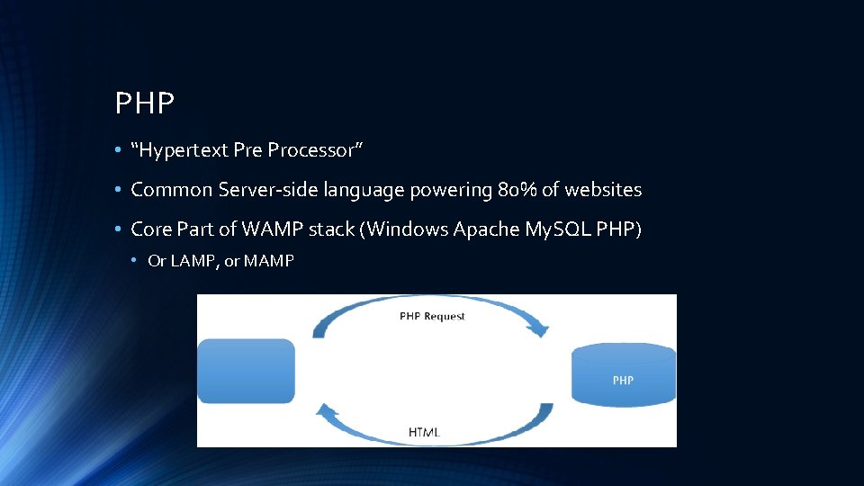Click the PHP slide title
[x=144, y=103]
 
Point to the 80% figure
[x=517, y=190]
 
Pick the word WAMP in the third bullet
[x=262, y=229]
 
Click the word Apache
[x=485, y=229]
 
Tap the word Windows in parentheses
[x=407, y=229]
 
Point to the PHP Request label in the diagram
[x=432, y=316]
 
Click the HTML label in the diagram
[x=425, y=432]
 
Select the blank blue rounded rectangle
[x=246, y=371]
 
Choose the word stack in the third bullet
[x=332, y=229]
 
